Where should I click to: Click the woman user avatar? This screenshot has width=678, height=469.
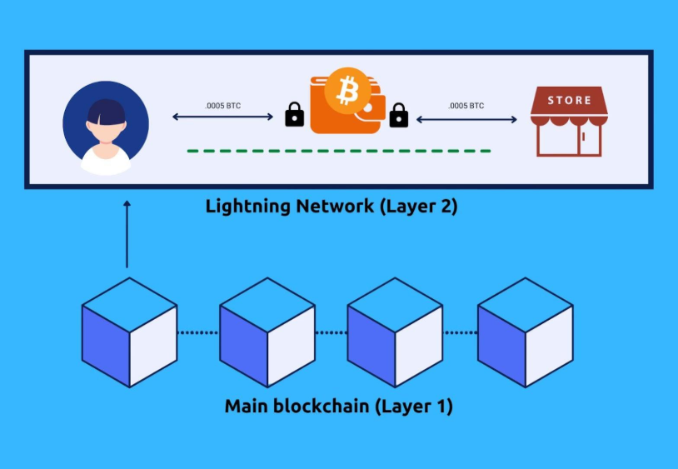tap(106, 127)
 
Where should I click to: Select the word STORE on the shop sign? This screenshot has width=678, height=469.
tap(570, 100)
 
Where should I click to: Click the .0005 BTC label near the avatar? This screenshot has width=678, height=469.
tap(222, 106)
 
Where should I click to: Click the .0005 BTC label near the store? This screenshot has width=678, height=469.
tap(466, 106)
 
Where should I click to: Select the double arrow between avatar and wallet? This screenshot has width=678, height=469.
tap(222, 117)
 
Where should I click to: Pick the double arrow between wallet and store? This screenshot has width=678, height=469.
tap(466, 119)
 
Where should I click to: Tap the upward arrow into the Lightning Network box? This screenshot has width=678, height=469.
tap(127, 233)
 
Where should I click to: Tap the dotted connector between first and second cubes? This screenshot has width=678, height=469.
tap(198, 332)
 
